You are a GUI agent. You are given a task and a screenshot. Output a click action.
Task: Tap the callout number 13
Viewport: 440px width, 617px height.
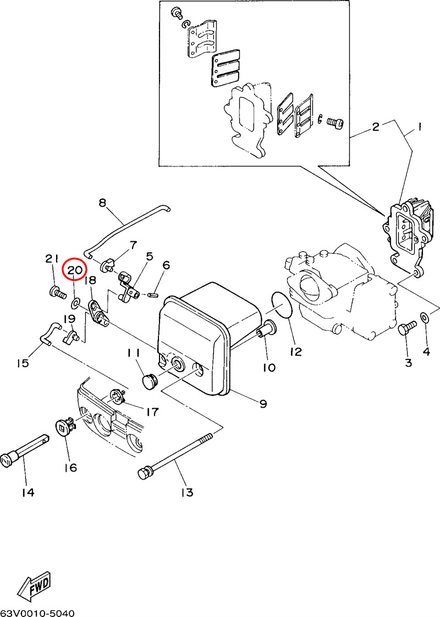(186, 492)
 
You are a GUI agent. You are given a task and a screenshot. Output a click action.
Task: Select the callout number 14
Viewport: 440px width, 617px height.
(28, 492)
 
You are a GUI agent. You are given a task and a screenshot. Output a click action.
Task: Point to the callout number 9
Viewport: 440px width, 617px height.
(263, 404)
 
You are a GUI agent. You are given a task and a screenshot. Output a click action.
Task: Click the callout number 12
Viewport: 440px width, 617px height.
(296, 351)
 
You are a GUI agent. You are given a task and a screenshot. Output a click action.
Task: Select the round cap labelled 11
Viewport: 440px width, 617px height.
(149, 380)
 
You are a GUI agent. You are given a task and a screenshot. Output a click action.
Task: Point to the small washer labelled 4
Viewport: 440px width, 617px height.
(425, 318)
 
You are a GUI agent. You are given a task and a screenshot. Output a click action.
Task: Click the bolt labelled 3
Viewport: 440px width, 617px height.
(406, 329)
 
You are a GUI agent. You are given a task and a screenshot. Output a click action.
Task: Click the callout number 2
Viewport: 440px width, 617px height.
(376, 127)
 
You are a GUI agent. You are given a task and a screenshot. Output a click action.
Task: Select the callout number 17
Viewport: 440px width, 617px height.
(152, 411)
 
